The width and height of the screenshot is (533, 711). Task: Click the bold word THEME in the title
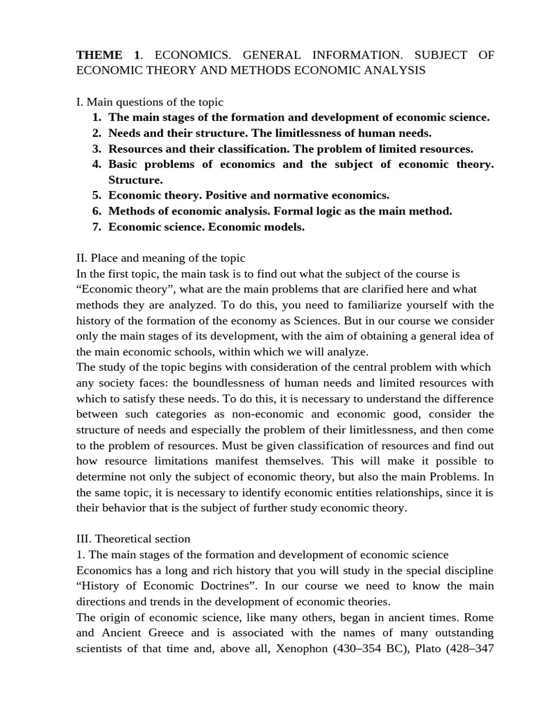(98, 55)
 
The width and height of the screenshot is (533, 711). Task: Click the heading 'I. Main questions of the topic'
(149, 102)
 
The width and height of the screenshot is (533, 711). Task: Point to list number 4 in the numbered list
(96, 165)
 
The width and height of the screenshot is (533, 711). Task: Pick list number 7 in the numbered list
(96, 227)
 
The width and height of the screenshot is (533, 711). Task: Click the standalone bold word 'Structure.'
(135, 180)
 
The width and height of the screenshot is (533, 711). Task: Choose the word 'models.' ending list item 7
(284, 227)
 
